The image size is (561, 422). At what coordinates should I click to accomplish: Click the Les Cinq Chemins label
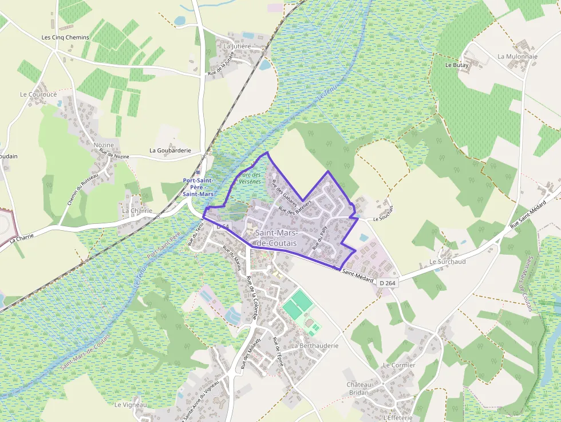pyautogui.click(x=65, y=37)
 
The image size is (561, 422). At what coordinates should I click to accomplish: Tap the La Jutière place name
pyautogui.click(x=238, y=46)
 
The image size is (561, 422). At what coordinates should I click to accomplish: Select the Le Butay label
pyautogui.click(x=457, y=65)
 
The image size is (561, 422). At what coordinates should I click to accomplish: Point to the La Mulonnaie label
pyautogui.click(x=517, y=57)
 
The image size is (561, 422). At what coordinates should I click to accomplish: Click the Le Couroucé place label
pyautogui.click(x=38, y=94)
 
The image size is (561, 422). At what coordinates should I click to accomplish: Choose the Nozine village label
pyautogui.click(x=104, y=145)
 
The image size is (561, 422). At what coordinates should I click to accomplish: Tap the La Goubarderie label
pyautogui.click(x=170, y=151)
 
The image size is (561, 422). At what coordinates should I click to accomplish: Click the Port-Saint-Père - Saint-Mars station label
pyautogui.click(x=198, y=187)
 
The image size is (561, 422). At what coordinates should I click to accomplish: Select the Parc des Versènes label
pyautogui.click(x=250, y=178)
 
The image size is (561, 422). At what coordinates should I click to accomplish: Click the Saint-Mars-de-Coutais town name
pyautogui.click(x=276, y=238)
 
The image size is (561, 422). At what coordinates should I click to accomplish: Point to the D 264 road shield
pyautogui.click(x=388, y=283)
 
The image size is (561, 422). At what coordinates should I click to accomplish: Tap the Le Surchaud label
pyautogui.click(x=447, y=262)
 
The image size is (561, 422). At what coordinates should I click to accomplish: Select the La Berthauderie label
pyautogui.click(x=314, y=346)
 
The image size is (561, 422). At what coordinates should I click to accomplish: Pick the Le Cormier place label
pyautogui.click(x=399, y=365)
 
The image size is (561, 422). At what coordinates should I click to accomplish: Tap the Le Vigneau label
pyautogui.click(x=131, y=405)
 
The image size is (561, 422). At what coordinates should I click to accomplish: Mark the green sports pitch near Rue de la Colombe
pyautogui.click(x=296, y=305)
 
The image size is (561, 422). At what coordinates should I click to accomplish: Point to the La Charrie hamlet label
pyautogui.click(x=137, y=211)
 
